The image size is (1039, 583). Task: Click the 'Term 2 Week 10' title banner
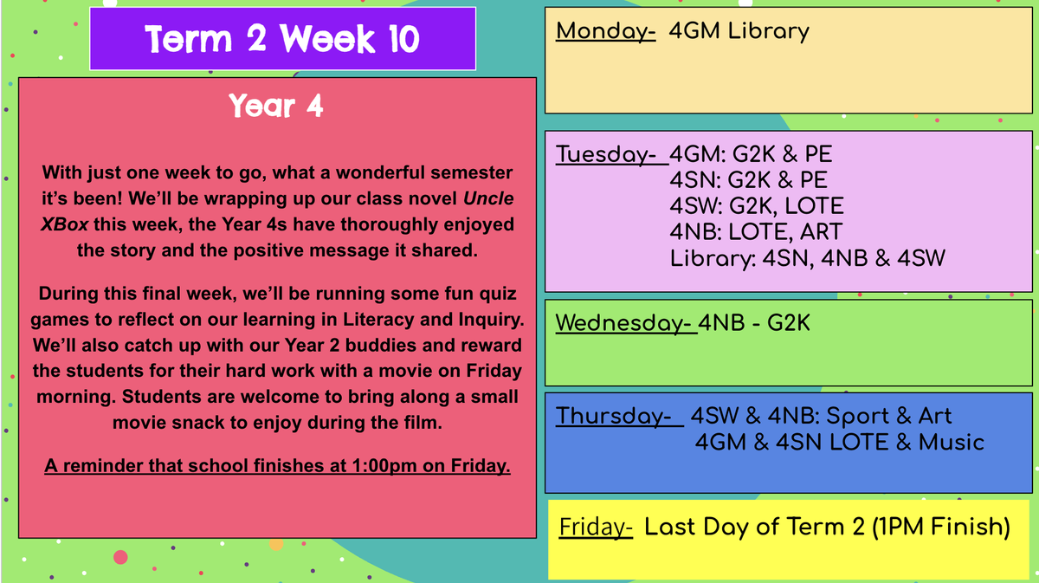click(282, 38)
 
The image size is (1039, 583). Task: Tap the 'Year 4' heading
click(276, 106)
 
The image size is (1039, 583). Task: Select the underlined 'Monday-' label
click(606, 31)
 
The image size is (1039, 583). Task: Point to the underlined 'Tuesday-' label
click(611, 154)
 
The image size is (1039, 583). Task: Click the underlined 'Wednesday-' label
click(626, 323)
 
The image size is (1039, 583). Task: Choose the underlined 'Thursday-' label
click(619, 416)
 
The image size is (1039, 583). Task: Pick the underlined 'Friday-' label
click(596, 527)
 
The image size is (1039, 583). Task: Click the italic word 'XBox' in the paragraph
click(64, 224)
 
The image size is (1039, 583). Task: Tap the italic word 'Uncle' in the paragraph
click(488, 198)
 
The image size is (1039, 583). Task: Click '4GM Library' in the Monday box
click(739, 31)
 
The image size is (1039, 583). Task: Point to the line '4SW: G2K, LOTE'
click(757, 206)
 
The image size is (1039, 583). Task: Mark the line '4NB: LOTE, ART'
click(756, 232)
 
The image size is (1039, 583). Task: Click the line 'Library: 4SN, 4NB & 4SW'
click(808, 258)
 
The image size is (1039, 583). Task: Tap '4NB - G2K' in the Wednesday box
click(754, 323)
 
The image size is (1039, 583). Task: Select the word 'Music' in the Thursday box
click(952, 443)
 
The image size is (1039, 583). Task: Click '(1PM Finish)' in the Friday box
click(941, 527)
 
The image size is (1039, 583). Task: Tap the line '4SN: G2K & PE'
click(749, 180)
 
